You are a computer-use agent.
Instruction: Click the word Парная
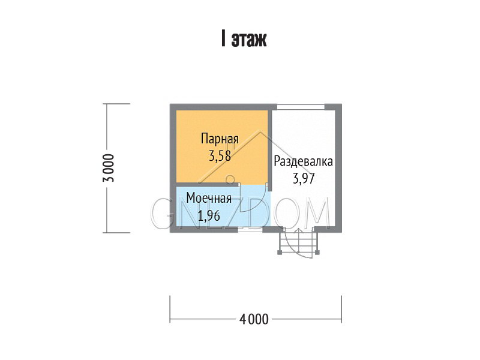coord(220,139)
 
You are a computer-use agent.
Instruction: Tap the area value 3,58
coord(220,156)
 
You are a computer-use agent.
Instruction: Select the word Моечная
coord(209,199)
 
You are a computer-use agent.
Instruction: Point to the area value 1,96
coord(209,216)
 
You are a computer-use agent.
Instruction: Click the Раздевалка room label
coord(303,161)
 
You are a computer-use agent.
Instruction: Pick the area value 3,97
coord(304,178)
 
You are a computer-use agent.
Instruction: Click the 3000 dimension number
coord(109,168)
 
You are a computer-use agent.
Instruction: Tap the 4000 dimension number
coord(254,319)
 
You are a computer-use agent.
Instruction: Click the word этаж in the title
coord(249,39)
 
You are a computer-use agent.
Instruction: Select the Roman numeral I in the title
coord(223,38)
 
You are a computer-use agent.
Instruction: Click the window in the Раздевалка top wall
coord(301,107)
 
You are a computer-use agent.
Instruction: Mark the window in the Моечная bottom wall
coord(250,230)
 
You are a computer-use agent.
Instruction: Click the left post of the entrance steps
coord(280,253)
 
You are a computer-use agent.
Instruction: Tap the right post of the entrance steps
coord(317,253)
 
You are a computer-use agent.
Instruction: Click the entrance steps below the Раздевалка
coord(298,241)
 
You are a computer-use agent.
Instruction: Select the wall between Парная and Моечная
coord(208,185)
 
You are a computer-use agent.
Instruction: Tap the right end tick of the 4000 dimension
coord(341,309)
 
